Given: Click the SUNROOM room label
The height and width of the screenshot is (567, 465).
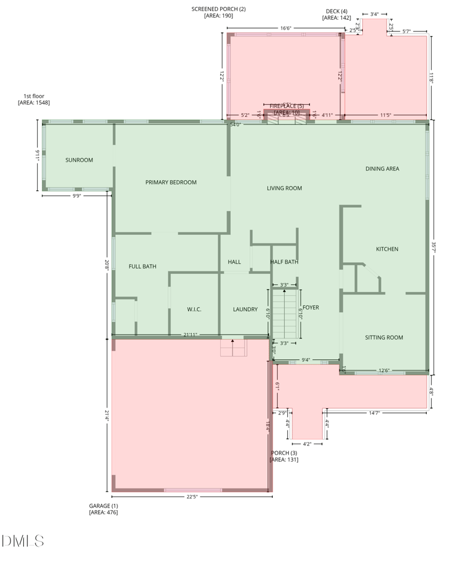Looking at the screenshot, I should pos(79,160).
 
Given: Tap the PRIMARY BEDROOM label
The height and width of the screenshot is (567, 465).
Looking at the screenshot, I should pos(171,182).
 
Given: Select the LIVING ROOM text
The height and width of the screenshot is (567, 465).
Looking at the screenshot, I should pos(284,188).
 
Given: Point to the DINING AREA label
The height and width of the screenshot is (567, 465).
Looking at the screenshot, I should pos(382,169).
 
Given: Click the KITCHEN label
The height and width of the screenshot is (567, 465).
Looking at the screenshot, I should pos(387,249).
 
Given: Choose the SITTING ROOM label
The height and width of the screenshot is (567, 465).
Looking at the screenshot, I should pos(384,337).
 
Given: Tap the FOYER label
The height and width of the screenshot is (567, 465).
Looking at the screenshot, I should pos(310,308).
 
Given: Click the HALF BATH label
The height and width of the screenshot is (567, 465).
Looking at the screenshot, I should pos(284,262).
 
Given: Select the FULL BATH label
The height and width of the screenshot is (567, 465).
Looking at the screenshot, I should pos(142,266).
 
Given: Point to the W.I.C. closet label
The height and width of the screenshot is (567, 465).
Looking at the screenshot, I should pos(194,309).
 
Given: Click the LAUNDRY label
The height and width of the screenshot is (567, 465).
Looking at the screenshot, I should pos(245,309).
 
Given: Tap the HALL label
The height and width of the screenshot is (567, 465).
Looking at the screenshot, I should pos(234,262).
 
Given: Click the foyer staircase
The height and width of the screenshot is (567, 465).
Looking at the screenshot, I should pos(285,313).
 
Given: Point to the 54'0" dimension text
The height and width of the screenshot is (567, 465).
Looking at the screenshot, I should pos(235,124).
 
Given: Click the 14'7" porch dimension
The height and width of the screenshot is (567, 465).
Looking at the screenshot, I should pos(375,413).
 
